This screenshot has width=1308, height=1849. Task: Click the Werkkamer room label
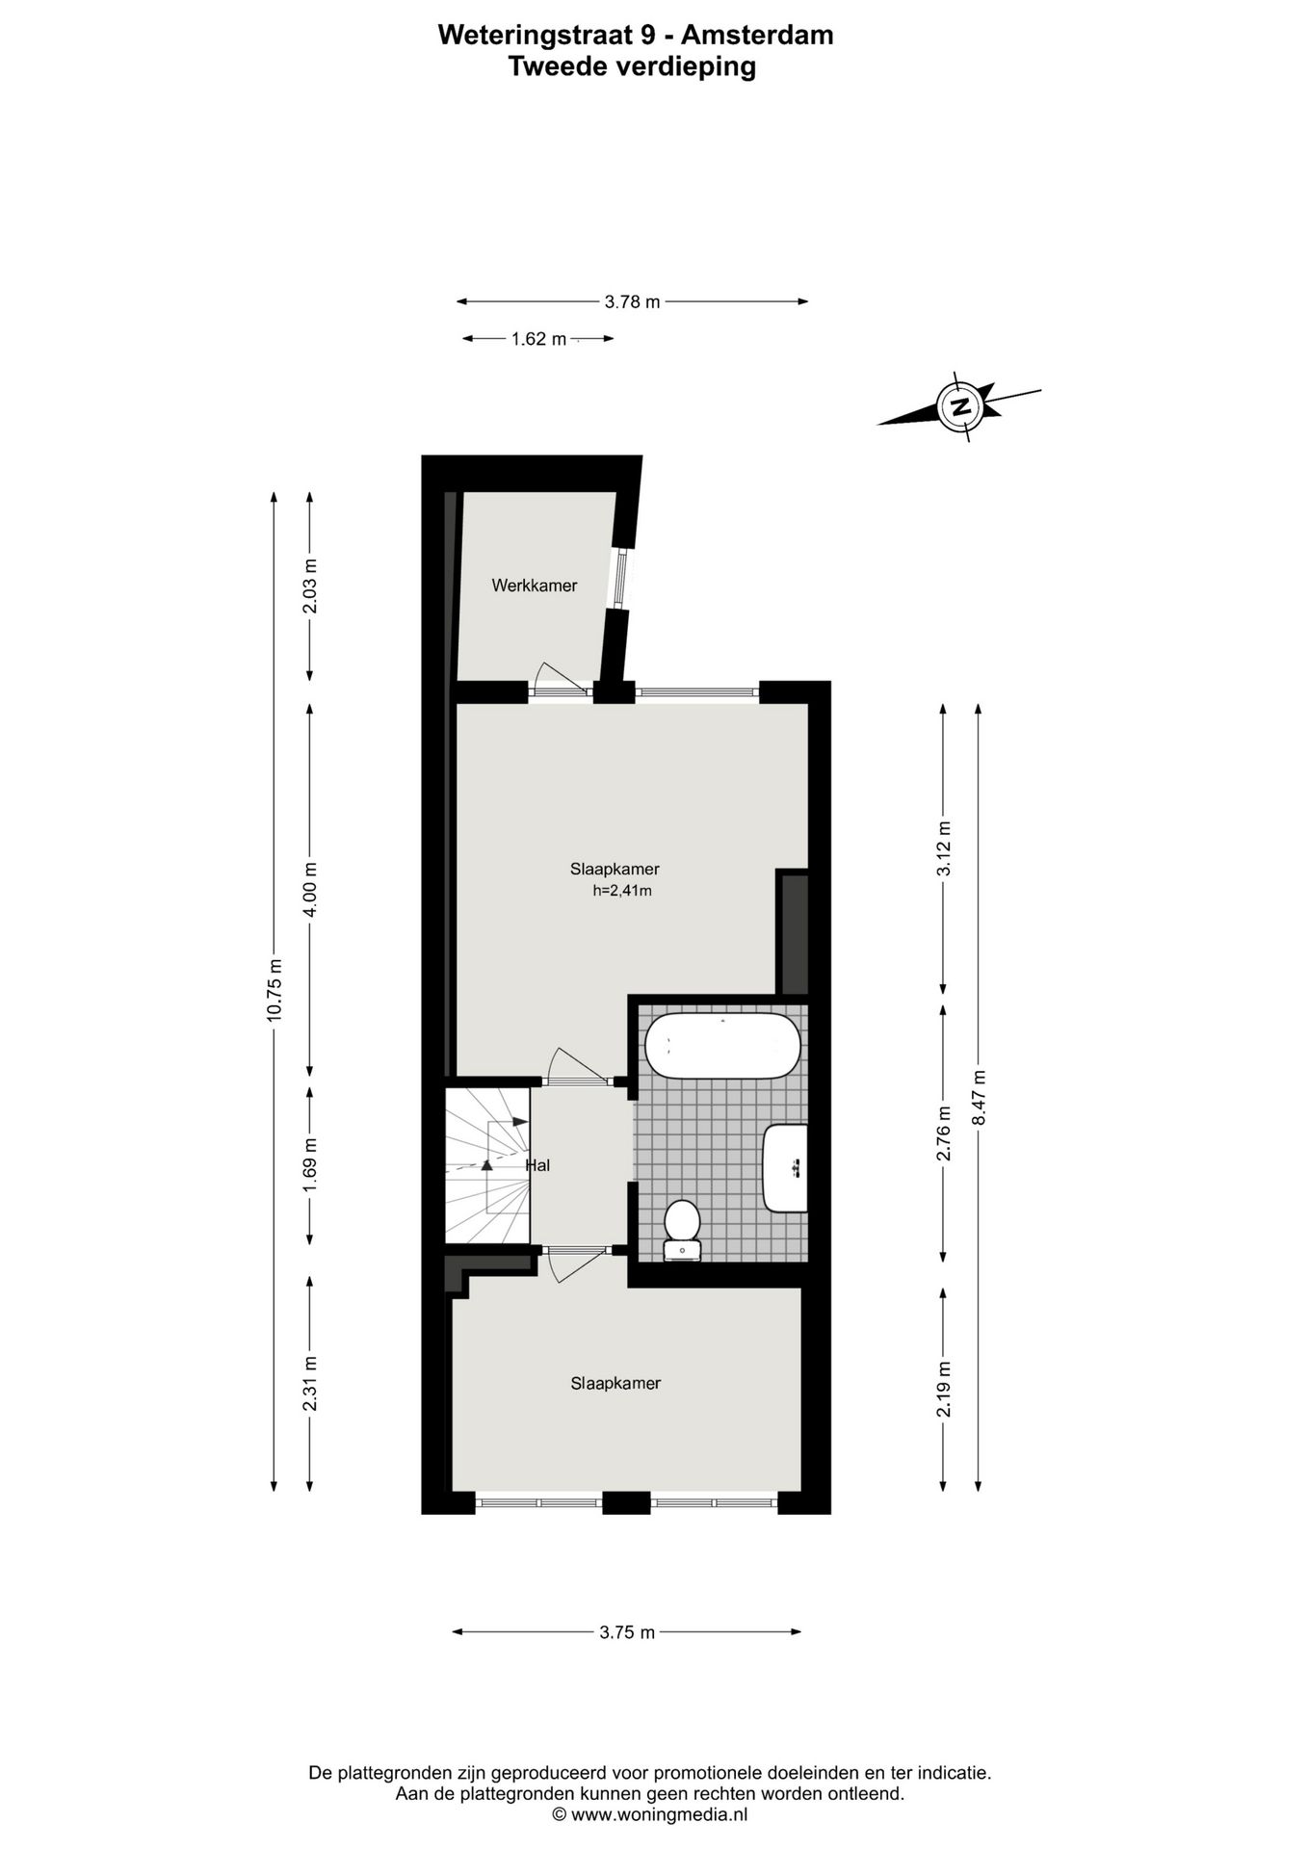(x=534, y=586)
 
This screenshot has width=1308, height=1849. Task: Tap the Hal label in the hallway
(x=538, y=1165)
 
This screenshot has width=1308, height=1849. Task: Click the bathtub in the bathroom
(x=721, y=1046)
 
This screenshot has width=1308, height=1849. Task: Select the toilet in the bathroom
(x=682, y=1226)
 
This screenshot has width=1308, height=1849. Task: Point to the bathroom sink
(x=785, y=1167)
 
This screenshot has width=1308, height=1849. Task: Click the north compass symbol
(x=959, y=405)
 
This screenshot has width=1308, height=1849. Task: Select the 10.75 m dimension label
(x=275, y=990)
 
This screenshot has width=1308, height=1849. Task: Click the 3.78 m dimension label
(x=632, y=301)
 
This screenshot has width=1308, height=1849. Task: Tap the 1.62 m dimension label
(x=538, y=339)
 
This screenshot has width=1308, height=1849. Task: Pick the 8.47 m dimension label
(x=979, y=1098)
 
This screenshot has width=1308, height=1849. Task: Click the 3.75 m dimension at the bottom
(x=627, y=1632)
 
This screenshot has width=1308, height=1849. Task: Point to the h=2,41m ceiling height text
(x=622, y=891)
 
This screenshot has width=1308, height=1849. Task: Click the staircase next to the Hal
(x=487, y=1165)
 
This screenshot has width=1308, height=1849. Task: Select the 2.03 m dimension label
(x=309, y=586)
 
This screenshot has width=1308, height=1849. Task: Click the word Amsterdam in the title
(x=757, y=35)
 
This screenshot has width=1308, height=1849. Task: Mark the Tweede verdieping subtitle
(x=632, y=66)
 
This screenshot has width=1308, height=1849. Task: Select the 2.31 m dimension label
(x=309, y=1384)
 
